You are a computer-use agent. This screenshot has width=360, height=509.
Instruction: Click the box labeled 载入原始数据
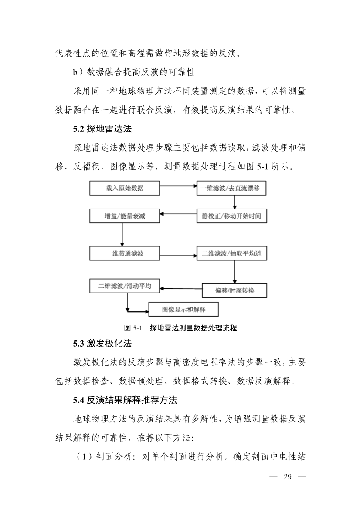coord(125,189)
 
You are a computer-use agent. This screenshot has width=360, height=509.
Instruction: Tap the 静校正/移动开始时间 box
coord(231,216)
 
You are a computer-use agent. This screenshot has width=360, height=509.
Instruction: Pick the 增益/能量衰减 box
coord(125,216)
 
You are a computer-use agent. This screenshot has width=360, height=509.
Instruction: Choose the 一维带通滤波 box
coord(125,253)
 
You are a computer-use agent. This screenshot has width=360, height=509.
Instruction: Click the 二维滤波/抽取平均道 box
coord(231,253)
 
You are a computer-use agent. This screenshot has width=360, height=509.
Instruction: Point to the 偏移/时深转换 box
coord(234,290)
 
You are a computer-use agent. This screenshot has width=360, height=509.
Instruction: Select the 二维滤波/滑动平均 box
coord(125,286)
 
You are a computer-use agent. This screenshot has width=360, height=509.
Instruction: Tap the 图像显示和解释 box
coord(183,310)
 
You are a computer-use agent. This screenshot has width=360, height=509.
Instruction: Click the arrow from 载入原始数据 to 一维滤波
coord(178,186)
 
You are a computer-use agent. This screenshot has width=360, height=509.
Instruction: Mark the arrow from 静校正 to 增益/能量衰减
coord(178,214)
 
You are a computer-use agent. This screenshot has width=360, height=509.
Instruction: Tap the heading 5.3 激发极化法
coord(102,344)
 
